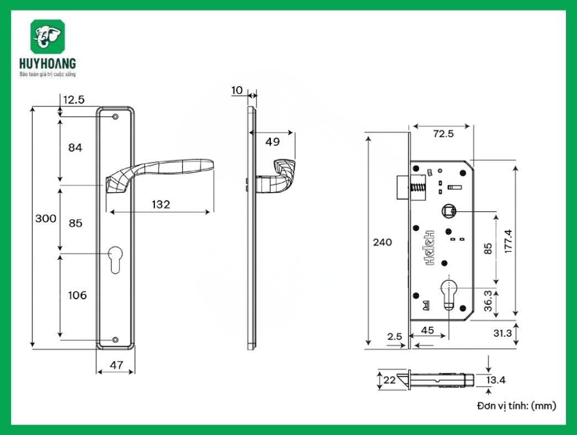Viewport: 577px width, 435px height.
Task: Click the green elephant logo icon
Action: [48, 38]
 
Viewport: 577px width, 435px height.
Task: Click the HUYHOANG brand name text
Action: [48, 64]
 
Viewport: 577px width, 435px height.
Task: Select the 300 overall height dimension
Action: [46, 218]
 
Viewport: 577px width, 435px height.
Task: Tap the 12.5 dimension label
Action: [74, 100]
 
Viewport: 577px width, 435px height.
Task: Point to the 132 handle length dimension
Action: [160, 204]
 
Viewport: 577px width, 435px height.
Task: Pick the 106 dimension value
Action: [77, 295]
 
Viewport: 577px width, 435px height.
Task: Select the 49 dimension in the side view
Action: [272, 142]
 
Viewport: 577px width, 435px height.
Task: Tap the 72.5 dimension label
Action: [443, 133]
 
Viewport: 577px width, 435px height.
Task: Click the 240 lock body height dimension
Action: [382, 242]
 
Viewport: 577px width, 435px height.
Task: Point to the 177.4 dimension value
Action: [508, 241]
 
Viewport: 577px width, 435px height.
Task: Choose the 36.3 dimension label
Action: [488, 301]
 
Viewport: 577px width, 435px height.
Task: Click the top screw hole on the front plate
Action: [115, 117]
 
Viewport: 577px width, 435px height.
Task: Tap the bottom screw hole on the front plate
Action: [115, 340]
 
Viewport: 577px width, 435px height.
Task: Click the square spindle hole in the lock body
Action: [449, 211]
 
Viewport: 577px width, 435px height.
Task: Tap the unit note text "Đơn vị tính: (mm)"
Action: [516, 406]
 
